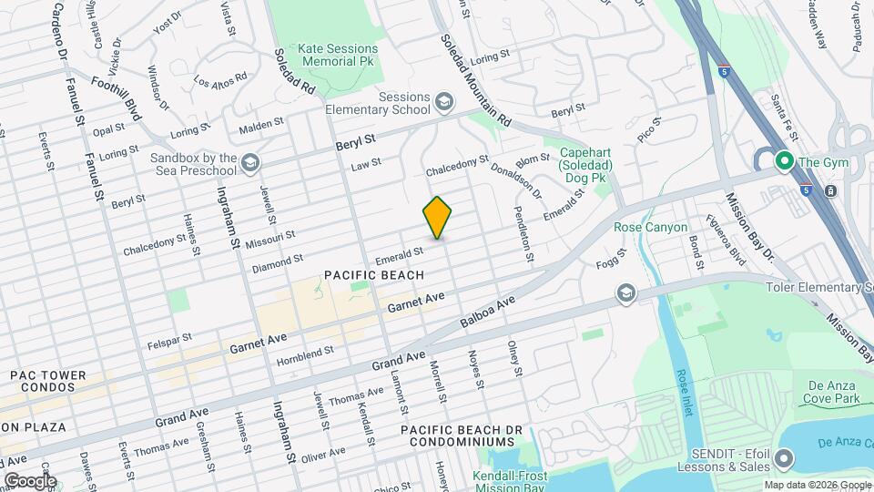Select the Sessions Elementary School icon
point(444,100)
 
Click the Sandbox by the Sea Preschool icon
point(251,162)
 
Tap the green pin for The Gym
point(782,161)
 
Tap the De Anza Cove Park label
point(832,393)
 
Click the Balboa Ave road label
point(488,312)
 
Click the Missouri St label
point(271,236)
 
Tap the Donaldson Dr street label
point(515,182)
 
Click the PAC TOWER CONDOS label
point(47,381)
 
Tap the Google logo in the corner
point(29,480)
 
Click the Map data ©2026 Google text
point(818,485)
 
